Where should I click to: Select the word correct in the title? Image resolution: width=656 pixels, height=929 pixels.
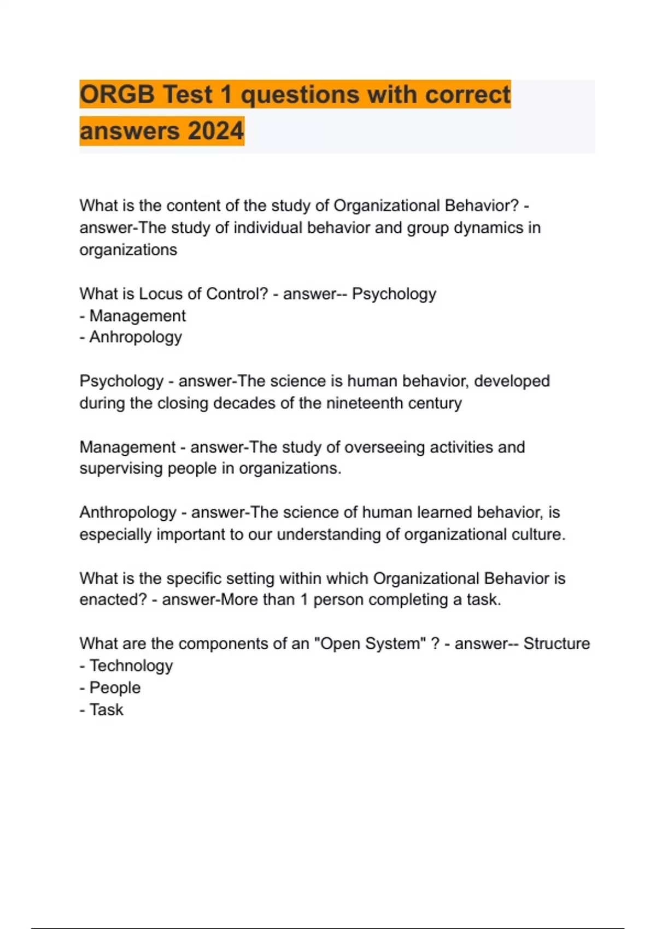click(467, 95)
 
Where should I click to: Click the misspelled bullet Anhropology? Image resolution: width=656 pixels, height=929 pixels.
click(135, 337)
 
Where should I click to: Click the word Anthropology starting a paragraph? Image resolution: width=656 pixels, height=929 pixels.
click(128, 513)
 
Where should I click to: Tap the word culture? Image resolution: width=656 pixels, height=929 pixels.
click(538, 534)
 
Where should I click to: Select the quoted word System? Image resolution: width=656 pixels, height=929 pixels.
click(395, 644)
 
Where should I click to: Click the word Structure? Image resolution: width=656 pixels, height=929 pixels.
click(557, 644)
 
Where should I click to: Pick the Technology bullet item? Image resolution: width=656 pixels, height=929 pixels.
click(131, 666)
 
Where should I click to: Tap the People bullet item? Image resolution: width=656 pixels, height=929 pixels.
click(115, 687)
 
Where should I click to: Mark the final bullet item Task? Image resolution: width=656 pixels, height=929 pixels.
click(106, 710)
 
